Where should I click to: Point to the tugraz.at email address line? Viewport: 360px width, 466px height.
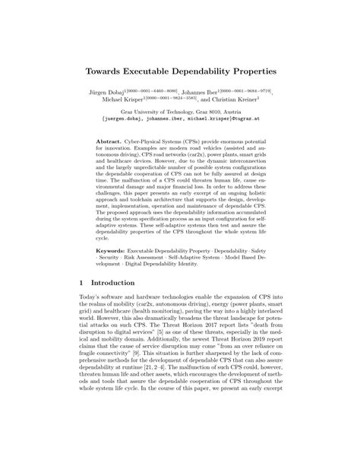click(179, 119)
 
